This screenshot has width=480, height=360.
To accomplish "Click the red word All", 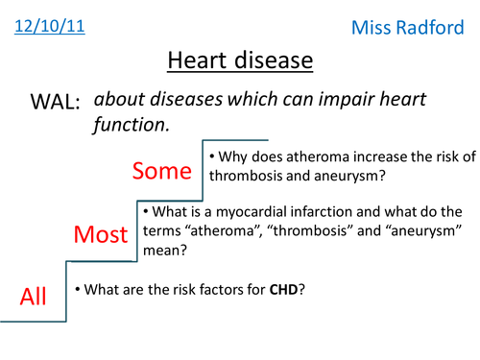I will click(x=34, y=298).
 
